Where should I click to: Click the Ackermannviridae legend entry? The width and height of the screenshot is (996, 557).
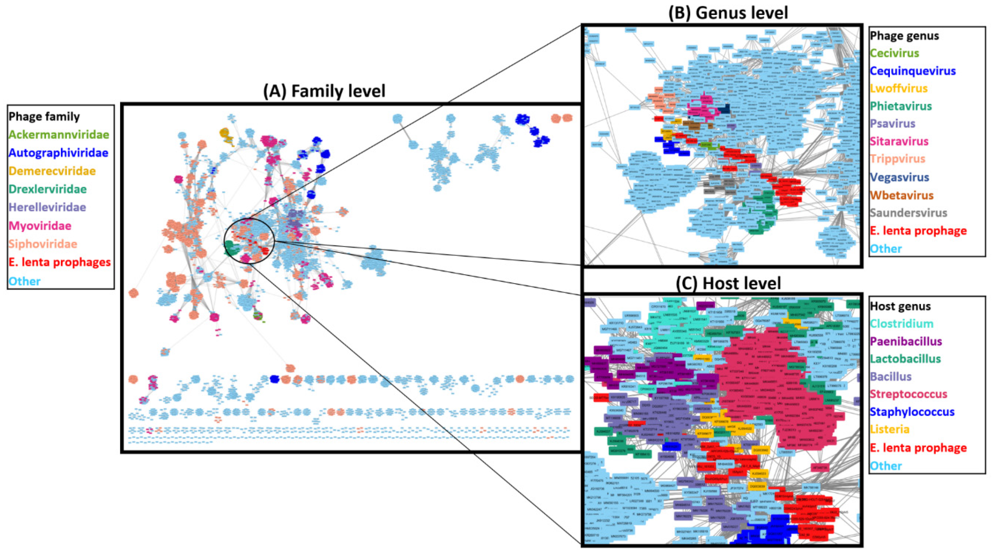[59, 135]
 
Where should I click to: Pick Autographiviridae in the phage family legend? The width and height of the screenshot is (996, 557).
[58, 153]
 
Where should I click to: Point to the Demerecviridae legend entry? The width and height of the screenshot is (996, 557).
[52, 171]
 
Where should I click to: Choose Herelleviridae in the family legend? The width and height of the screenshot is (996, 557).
[47, 207]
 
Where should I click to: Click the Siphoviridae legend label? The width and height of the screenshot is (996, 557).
[43, 244]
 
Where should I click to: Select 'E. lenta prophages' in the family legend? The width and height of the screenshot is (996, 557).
[60, 262]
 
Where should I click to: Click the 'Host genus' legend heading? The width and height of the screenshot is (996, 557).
[900, 306]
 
